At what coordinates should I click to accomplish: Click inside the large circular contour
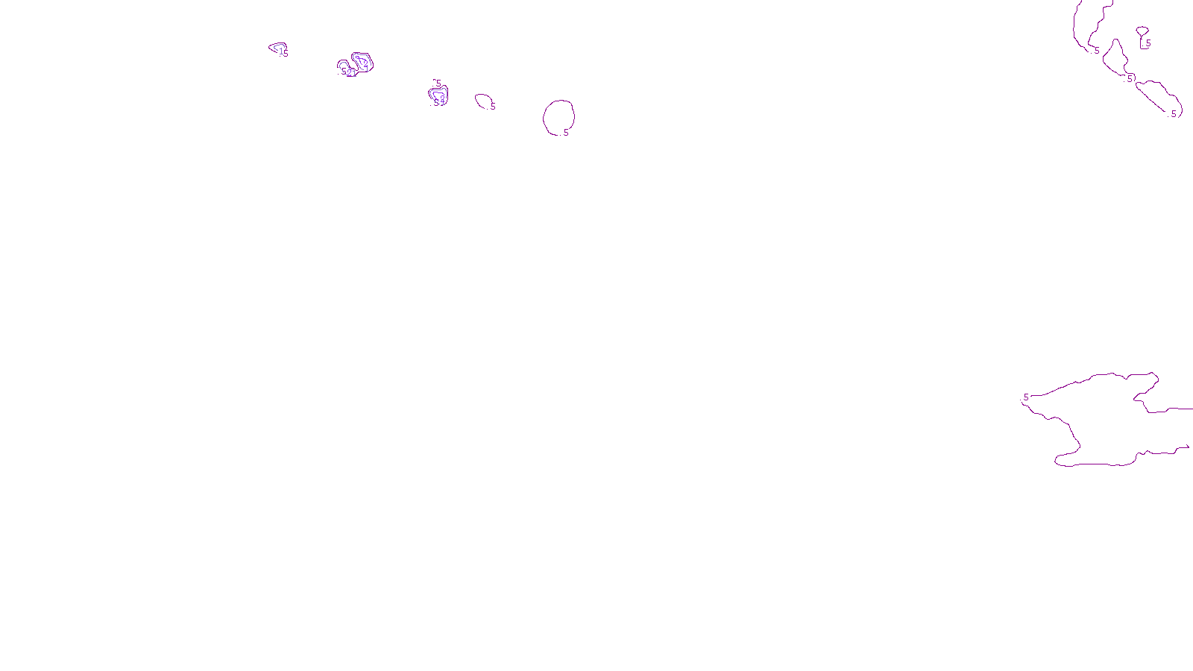(x=558, y=117)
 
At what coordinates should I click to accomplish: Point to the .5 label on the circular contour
(x=566, y=133)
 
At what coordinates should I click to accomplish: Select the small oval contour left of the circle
(x=483, y=101)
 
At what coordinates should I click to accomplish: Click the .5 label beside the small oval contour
(x=493, y=107)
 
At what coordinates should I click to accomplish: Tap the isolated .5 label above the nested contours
(x=438, y=84)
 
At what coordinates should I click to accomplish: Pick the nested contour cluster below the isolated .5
(x=438, y=96)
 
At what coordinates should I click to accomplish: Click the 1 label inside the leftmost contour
(x=281, y=51)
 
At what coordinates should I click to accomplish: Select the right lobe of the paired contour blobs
(x=362, y=62)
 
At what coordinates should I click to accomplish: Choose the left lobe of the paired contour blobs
(x=345, y=68)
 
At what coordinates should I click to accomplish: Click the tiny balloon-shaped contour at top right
(x=1142, y=31)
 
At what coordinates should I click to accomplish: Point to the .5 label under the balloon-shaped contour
(x=1148, y=43)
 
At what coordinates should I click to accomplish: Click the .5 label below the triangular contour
(x=1130, y=78)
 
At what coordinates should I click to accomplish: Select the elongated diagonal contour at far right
(x=1158, y=95)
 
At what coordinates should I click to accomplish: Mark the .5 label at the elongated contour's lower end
(x=1174, y=114)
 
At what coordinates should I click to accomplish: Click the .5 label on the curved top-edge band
(x=1097, y=51)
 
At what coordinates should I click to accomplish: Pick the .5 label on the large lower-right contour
(x=1026, y=397)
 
